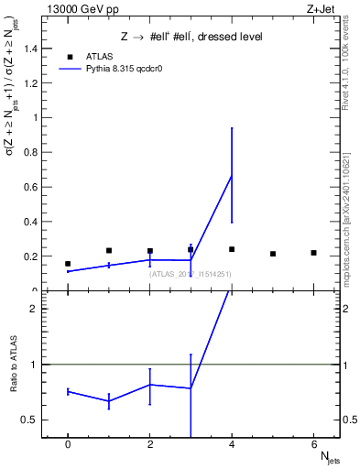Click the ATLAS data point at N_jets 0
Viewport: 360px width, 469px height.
coord(68,264)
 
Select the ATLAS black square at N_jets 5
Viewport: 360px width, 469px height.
coord(273,254)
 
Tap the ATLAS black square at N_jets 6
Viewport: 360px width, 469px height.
coord(313,253)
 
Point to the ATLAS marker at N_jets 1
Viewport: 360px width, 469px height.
coord(109,250)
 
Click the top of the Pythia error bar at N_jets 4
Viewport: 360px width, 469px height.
coord(232,128)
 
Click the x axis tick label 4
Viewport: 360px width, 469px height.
coord(232,443)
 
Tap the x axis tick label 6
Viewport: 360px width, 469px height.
coord(313,443)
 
